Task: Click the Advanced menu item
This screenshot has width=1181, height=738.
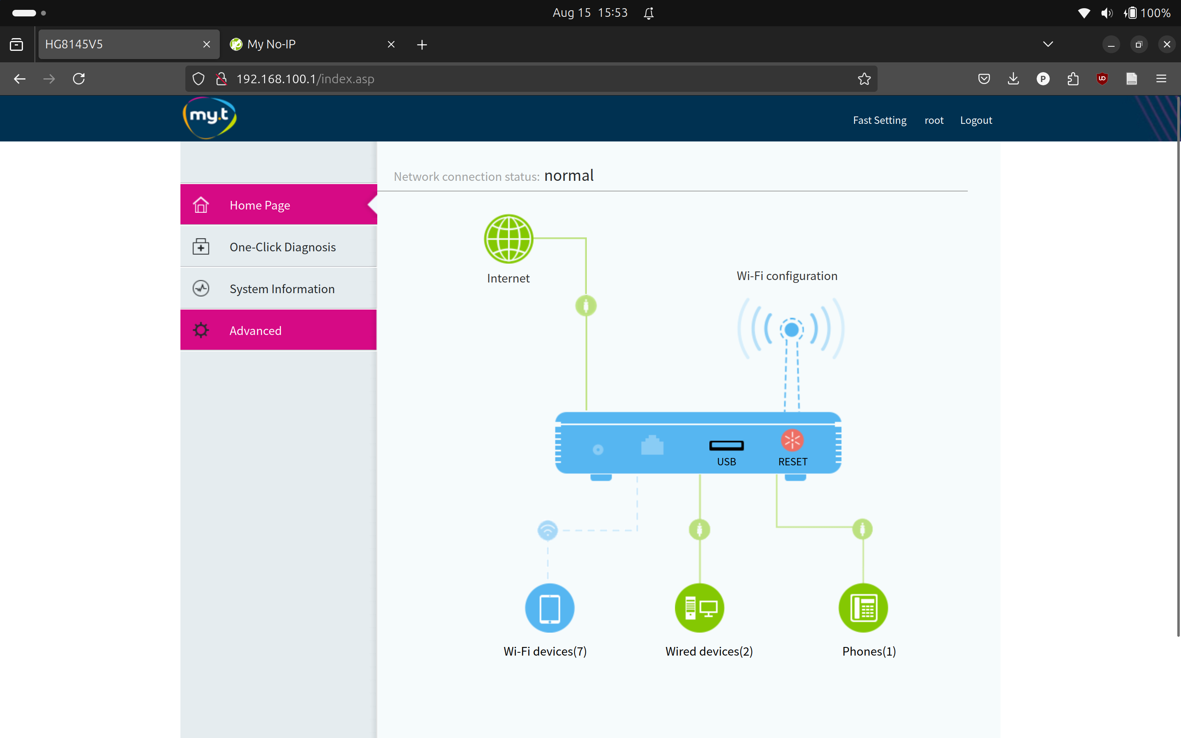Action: point(255,330)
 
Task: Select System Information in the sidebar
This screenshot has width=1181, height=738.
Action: point(282,289)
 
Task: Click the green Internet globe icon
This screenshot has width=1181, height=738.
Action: point(508,239)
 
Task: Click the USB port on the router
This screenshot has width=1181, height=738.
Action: point(726,445)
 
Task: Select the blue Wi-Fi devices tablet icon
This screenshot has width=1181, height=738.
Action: point(549,608)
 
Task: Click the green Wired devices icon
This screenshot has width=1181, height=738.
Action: point(699,608)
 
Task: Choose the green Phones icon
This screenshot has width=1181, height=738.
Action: point(863,608)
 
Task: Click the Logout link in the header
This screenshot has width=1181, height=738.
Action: point(976,120)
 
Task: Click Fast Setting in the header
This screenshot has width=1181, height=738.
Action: point(880,120)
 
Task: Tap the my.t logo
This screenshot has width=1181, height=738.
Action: point(210,117)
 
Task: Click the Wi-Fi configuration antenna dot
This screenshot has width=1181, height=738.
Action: point(791,330)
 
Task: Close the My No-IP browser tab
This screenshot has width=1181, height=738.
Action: point(391,44)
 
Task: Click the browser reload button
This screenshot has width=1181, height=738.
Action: point(79,79)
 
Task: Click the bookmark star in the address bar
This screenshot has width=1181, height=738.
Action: point(864,79)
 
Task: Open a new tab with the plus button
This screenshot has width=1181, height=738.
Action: point(422,44)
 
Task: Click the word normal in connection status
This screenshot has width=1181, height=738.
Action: point(568,176)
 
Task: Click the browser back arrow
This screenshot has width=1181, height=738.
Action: point(20,79)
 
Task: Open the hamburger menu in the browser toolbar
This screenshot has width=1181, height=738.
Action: point(1161,79)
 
